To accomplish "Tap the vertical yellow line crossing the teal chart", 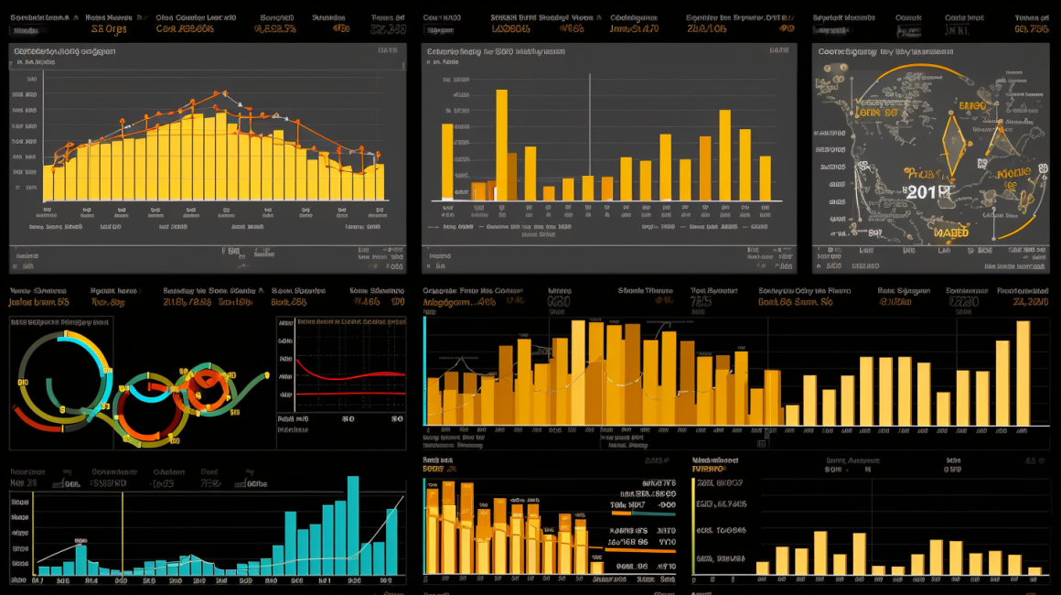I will point(122,535).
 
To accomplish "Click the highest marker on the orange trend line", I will point(221,93).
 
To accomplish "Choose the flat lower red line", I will point(348,395).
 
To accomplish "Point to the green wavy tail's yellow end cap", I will point(265,375).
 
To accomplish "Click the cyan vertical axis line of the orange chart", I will point(424,371).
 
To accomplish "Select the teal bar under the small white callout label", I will point(80,559).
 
